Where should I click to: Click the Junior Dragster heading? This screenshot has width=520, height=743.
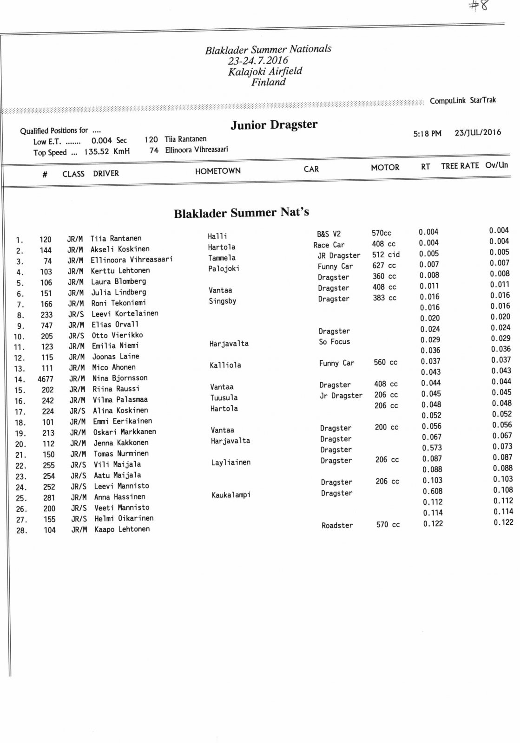pyautogui.click(x=274, y=125)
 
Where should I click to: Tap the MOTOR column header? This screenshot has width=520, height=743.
pyautogui.click(x=385, y=168)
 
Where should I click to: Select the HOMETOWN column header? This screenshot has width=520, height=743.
pyautogui.click(x=217, y=171)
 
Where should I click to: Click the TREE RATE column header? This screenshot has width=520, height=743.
pyautogui.click(x=460, y=166)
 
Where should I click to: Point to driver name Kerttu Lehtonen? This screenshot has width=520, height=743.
pyautogui.click(x=120, y=271)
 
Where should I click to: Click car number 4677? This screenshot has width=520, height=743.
pyautogui.click(x=46, y=379)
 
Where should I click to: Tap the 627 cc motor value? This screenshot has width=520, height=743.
pyautogui.click(x=384, y=266)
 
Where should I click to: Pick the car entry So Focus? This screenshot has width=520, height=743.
pyautogui.click(x=334, y=342)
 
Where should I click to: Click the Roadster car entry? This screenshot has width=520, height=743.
pyautogui.click(x=337, y=526)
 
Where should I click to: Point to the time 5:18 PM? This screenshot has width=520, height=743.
pyautogui.click(x=427, y=134)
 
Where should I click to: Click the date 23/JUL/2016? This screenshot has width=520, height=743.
pyautogui.click(x=478, y=132)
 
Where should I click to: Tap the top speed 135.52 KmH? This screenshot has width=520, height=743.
pyautogui.click(x=107, y=152)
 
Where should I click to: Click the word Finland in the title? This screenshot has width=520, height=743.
pyautogui.click(x=269, y=82)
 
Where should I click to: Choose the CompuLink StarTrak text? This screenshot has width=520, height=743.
pyautogui.click(x=462, y=100)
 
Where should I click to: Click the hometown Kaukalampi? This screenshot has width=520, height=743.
pyautogui.click(x=231, y=495)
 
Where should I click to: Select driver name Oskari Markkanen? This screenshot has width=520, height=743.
pyautogui.click(x=124, y=432)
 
